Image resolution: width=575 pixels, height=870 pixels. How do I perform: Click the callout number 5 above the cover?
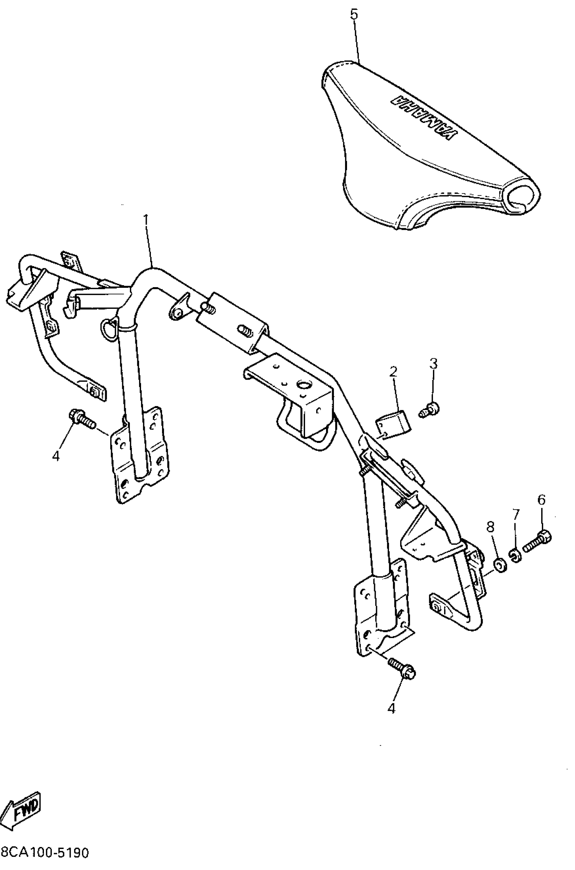coord(354,15)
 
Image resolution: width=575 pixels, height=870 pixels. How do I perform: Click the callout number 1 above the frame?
coord(146,220)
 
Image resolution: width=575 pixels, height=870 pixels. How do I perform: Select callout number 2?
coord(393,372)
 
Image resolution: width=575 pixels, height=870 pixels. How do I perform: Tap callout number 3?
coord(434,363)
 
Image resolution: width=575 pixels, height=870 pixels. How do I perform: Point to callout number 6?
coord(541,500)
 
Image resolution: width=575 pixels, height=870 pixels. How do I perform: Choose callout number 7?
coord(516,514)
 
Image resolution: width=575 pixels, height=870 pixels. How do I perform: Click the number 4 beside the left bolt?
coord(56,456)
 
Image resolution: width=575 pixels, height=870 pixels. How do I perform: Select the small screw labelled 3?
coord(430,410)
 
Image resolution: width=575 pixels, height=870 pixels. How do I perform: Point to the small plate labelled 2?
coord(394,424)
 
